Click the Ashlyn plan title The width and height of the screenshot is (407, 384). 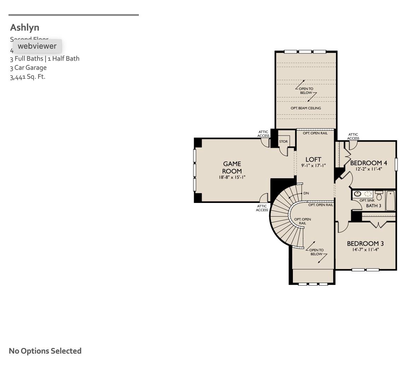click(x=25, y=28)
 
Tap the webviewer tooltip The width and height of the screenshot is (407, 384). click(x=37, y=46)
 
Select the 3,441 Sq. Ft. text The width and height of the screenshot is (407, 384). click(x=28, y=77)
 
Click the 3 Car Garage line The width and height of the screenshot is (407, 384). click(x=28, y=68)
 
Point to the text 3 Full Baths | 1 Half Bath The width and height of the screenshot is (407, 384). click(x=45, y=59)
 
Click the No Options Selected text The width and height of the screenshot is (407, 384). click(x=45, y=351)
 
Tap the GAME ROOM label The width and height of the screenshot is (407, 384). click(x=232, y=167)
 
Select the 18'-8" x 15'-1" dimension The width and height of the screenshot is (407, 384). click(x=232, y=178)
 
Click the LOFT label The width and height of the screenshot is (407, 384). click(x=313, y=160)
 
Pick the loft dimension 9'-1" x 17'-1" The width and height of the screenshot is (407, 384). click(x=313, y=166)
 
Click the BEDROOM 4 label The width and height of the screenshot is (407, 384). click(x=368, y=163)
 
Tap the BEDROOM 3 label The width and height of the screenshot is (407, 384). click(x=365, y=244)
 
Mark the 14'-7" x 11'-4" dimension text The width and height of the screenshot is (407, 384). click(x=365, y=250)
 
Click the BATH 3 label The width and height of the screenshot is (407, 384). click(x=373, y=206)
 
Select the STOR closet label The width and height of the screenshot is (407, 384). click(x=283, y=142)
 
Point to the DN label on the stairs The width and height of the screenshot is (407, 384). click(x=306, y=193)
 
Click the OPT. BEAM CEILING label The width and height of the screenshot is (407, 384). click(x=306, y=108)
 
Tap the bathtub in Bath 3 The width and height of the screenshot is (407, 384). click(x=390, y=200)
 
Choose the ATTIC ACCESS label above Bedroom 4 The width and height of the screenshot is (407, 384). click(x=353, y=136)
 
